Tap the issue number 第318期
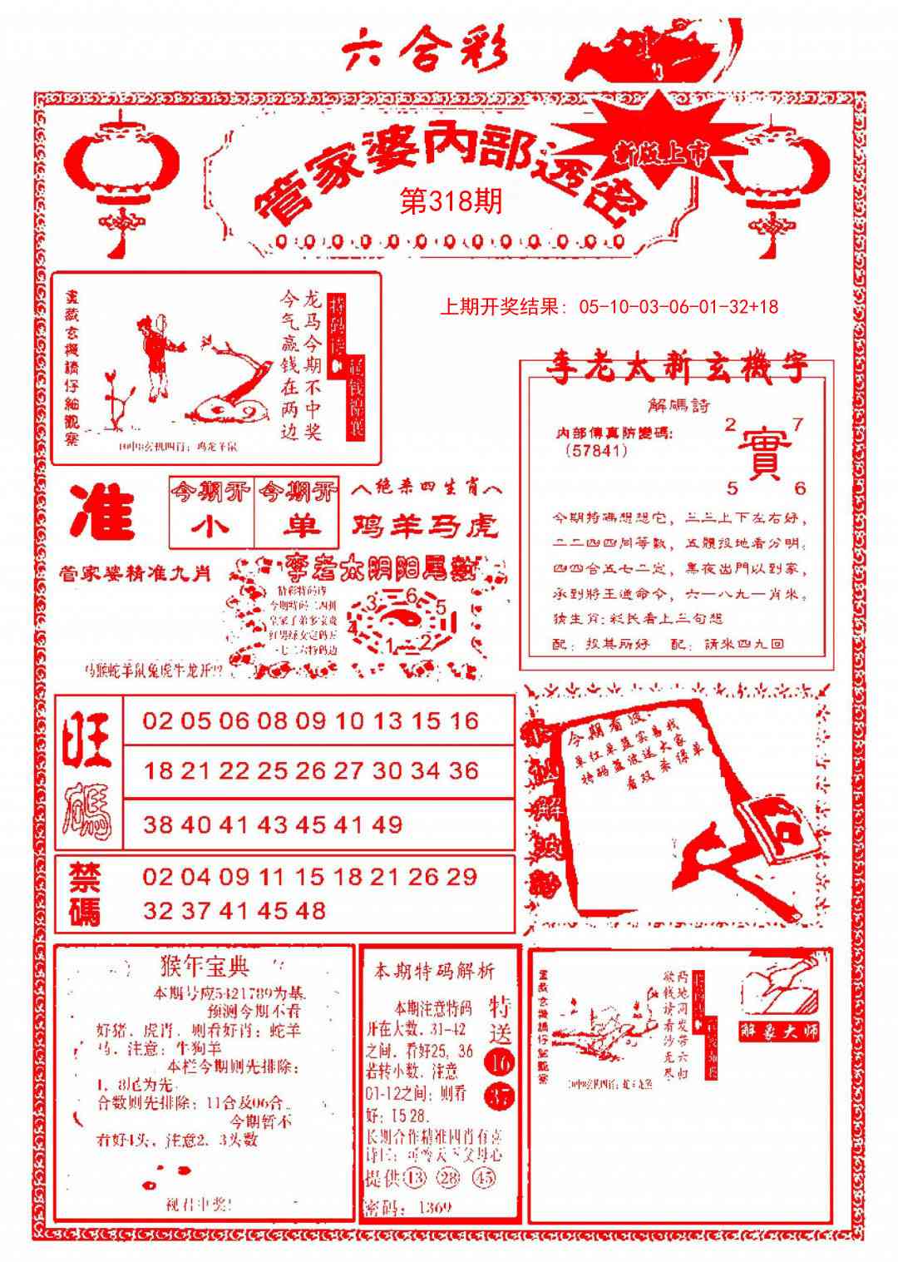[451, 201]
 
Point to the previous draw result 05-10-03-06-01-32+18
[611, 307]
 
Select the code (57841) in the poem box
[595, 451]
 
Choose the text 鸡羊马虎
[425, 526]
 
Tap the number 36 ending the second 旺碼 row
[464, 770]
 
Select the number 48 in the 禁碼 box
[309, 911]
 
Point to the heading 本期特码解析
[433, 971]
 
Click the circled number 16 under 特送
[501, 1063]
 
